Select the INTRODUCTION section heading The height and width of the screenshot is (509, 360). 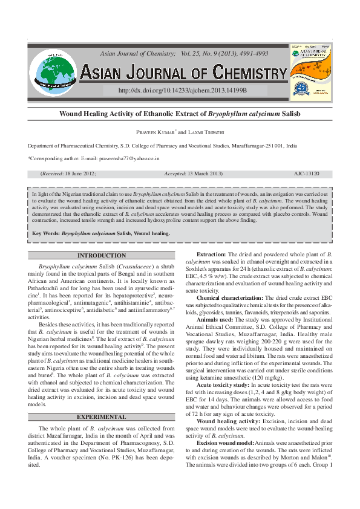(102, 256)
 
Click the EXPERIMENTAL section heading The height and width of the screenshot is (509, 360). (102, 417)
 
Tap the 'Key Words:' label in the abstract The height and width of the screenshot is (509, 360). (46, 233)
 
